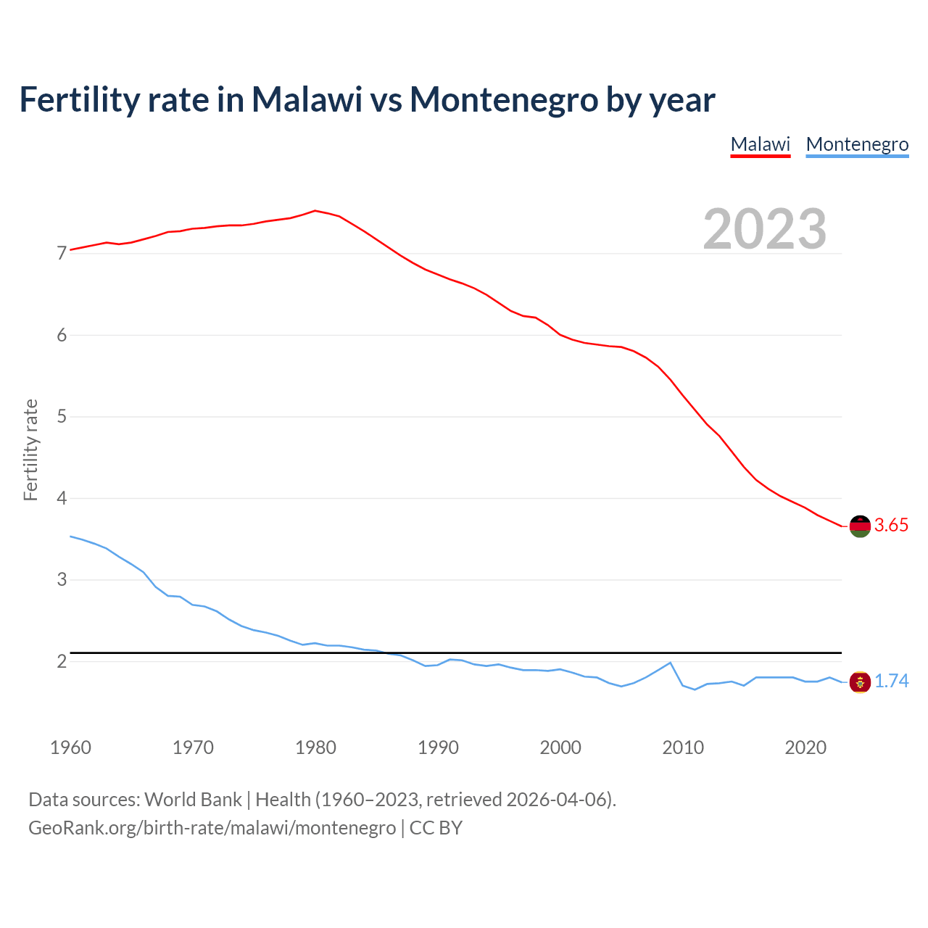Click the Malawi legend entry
pos(760,144)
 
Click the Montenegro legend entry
pos(857,144)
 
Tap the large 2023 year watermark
pos(764,229)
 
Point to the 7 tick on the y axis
pos(62,254)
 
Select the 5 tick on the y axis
pos(62,417)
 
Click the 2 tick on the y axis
pos(62,661)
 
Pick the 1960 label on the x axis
pos(70,747)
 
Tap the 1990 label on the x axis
pos(438,747)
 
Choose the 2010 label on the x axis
pos(683,747)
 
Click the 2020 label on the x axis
pos(805,747)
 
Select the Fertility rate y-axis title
pos(30,449)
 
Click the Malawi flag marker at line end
pos(860,526)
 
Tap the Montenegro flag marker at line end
pos(860,682)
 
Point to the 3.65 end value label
pos(891,526)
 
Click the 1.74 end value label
pos(891,681)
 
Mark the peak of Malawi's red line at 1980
pos(315,211)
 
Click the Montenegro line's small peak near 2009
pos(670,663)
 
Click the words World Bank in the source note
pos(193,800)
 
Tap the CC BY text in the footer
pos(436,828)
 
